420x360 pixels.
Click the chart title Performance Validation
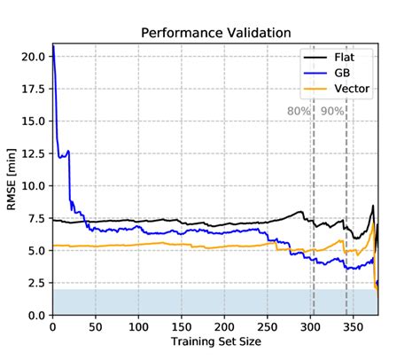(x=215, y=33)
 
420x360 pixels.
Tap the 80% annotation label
(x=299, y=112)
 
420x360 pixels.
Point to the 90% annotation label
(x=332, y=112)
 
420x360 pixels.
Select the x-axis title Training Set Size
(x=215, y=341)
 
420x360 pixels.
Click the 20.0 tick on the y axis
(x=34, y=56)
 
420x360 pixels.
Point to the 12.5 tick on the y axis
(x=34, y=153)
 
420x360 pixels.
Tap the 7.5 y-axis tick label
(x=37, y=218)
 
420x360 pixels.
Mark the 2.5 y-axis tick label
(x=37, y=283)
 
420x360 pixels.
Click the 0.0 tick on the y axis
(x=37, y=316)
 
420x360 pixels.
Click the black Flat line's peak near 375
(x=373, y=206)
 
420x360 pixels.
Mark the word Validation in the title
(x=257, y=33)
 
